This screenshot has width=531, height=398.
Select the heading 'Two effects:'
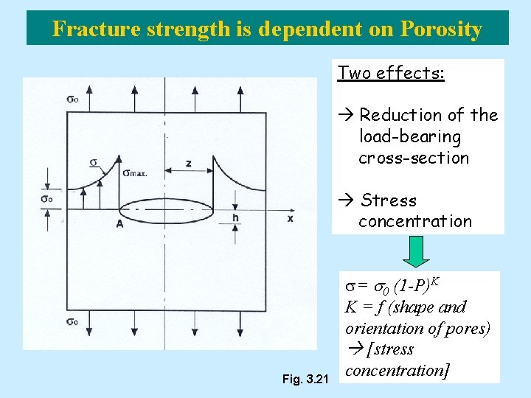click(x=391, y=72)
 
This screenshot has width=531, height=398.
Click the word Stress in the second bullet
click(x=389, y=200)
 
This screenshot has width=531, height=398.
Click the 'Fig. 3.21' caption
click(x=305, y=380)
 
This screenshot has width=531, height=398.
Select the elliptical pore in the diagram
click(x=167, y=211)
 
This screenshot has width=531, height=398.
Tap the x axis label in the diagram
click(x=290, y=218)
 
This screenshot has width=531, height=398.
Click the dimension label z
click(x=188, y=163)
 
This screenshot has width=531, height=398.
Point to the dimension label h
click(x=235, y=217)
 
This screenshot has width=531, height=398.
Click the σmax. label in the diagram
click(x=135, y=173)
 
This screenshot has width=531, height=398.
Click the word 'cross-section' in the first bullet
click(x=414, y=158)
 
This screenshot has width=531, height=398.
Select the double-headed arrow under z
click(x=188, y=171)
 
